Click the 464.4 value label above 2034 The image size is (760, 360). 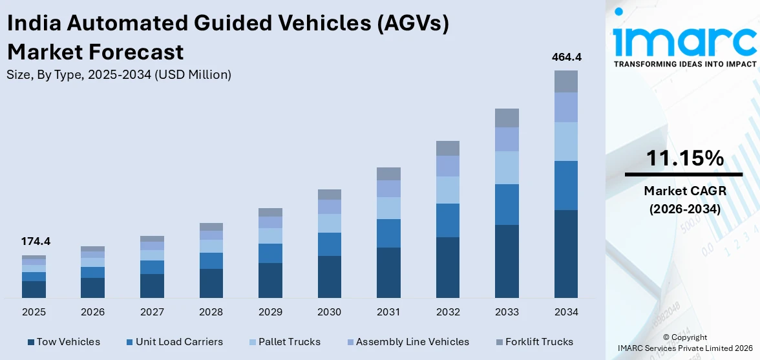click(566, 57)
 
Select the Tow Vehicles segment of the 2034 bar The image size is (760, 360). click(566, 253)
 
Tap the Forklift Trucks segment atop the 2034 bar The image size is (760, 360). click(566, 81)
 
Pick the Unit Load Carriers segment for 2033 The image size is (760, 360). click(507, 204)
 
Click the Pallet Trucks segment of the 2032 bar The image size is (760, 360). click(447, 190)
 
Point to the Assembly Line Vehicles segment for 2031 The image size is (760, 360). click(388, 189)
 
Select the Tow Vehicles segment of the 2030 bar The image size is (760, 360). click(329, 277)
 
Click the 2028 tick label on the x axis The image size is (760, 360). click(211, 312)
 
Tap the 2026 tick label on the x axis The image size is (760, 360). click(92, 312)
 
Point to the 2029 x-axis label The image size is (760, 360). click(270, 312)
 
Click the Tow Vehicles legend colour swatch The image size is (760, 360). click(30, 342)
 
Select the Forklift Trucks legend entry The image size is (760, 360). click(533, 342)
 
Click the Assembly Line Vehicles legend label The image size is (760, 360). click(412, 342)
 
